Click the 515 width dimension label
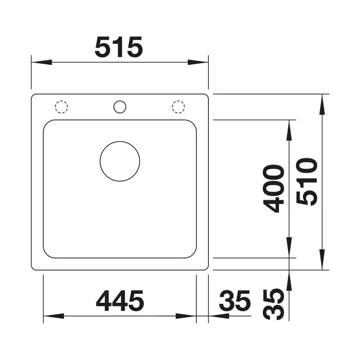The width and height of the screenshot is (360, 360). (119, 47)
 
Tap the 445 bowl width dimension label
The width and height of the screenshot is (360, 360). (120, 301)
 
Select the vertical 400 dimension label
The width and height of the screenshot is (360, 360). (274, 189)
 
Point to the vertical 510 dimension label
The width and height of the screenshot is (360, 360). (307, 182)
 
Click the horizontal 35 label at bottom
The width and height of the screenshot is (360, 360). (234, 301)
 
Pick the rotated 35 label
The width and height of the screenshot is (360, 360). (274, 304)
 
